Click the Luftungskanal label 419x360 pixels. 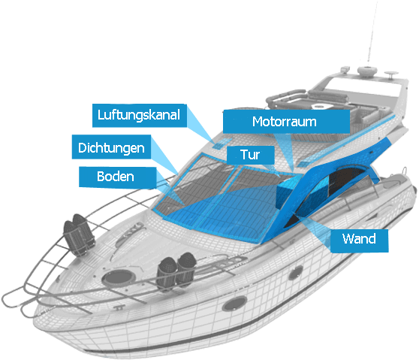(140, 115)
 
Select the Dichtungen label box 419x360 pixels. (111, 147)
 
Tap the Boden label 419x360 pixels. (118, 177)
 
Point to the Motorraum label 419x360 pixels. (286, 122)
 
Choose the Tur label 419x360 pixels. (250, 155)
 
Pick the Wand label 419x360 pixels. (359, 241)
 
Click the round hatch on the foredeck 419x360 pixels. (118, 277)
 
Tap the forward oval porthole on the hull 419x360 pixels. (234, 304)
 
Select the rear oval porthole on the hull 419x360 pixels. (295, 273)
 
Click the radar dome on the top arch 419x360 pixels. (367, 71)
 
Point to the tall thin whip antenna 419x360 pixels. (372, 32)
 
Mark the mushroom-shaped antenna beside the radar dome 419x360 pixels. (391, 74)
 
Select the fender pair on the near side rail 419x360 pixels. (176, 271)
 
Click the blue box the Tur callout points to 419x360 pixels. (288, 191)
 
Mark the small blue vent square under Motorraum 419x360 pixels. (303, 164)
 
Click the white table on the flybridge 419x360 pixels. (323, 106)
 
